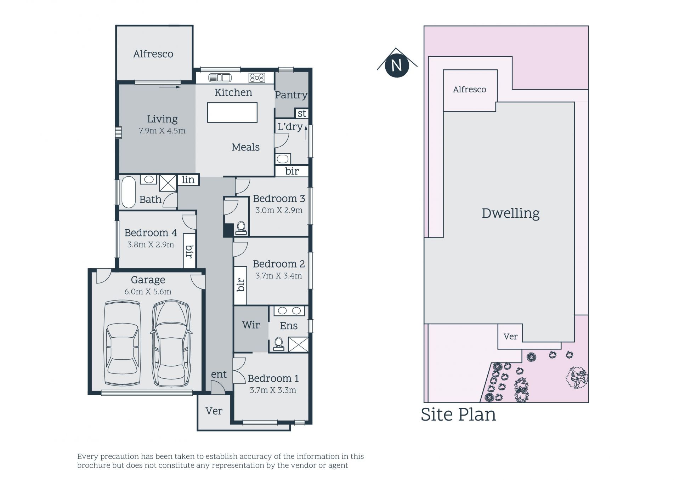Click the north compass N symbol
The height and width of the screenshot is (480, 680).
pos(397,65)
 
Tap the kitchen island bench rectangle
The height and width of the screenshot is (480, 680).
pos(232,113)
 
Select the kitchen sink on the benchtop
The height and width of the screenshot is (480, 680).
pos(220,78)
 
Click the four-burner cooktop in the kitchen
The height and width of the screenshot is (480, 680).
pos(257,78)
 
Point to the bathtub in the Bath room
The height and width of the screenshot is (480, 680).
pos(129,192)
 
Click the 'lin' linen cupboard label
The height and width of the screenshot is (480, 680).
pos(188,180)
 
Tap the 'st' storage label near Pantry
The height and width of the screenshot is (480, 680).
pos(302,114)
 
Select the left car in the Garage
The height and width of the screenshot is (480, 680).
pos(123,343)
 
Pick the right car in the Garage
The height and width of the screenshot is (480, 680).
pos(171,343)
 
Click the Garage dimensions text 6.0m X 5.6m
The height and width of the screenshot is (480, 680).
pos(148,292)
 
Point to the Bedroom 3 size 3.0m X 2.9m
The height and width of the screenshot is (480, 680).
pos(279,210)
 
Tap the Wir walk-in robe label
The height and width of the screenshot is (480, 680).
pos(251,325)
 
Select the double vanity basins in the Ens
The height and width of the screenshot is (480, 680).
pos(289,311)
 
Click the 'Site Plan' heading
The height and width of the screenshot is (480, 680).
pos(458,415)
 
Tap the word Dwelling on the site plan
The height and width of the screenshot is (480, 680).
pos(511,213)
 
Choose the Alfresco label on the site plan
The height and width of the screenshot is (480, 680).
pos(470,90)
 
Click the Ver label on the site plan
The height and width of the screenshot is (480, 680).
pos(510,336)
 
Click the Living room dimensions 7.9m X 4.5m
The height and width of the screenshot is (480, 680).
pos(162,131)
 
